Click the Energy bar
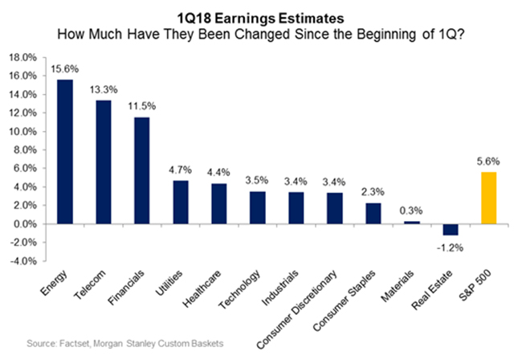pos(64,152)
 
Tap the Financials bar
pos(141,170)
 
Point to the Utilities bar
pos(180,202)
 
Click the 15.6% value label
pos(64,70)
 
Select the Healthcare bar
pos(218,203)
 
